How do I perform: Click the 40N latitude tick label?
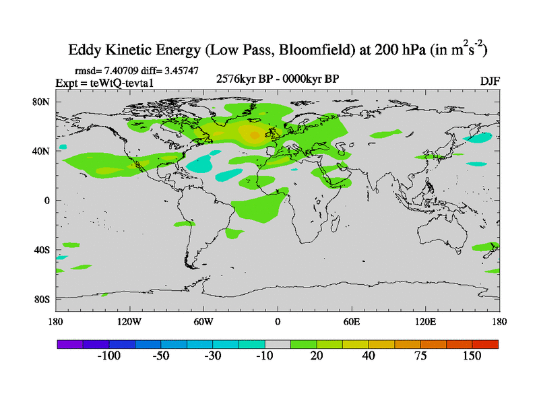pyautogui.click(x=42, y=151)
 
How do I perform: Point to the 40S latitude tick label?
pyautogui.click(x=42, y=250)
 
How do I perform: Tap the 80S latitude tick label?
pyautogui.click(x=42, y=299)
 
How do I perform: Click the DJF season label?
pyautogui.click(x=489, y=81)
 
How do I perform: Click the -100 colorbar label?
pyautogui.click(x=108, y=356)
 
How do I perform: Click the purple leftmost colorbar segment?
pyautogui.click(x=69, y=344)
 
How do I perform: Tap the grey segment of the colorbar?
pyautogui.click(x=278, y=344)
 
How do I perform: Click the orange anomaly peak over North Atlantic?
pyautogui.click(x=254, y=135)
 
